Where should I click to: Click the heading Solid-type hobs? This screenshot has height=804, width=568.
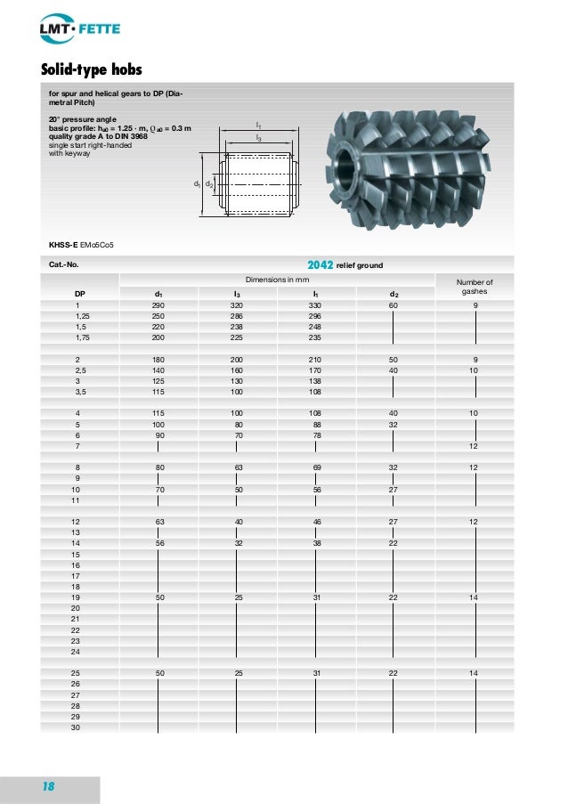click(93, 69)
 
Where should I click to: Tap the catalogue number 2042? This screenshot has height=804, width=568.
click(320, 264)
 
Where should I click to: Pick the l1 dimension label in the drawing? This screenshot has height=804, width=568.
click(258, 126)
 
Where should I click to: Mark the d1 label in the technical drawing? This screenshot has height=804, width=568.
click(197, 183)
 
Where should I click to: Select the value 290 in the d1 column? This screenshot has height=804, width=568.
click(158, 305)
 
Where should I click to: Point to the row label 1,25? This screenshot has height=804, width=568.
click(83, 315)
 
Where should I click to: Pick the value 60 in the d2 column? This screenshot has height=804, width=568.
click(394, 305)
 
